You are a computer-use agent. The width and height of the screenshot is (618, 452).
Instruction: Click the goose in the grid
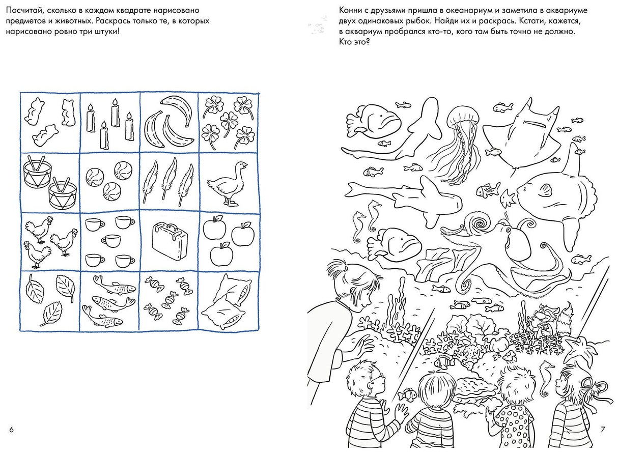pos(228,184)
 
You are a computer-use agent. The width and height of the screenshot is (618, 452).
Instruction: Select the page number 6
pos(11,430)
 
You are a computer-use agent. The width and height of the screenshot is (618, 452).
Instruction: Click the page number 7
pos(603,430)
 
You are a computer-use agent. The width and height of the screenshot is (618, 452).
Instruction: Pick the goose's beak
pos(244,165)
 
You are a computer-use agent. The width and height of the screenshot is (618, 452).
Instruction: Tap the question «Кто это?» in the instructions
pos(354,42)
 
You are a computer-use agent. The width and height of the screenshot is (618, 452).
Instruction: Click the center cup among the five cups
pos(111,240)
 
